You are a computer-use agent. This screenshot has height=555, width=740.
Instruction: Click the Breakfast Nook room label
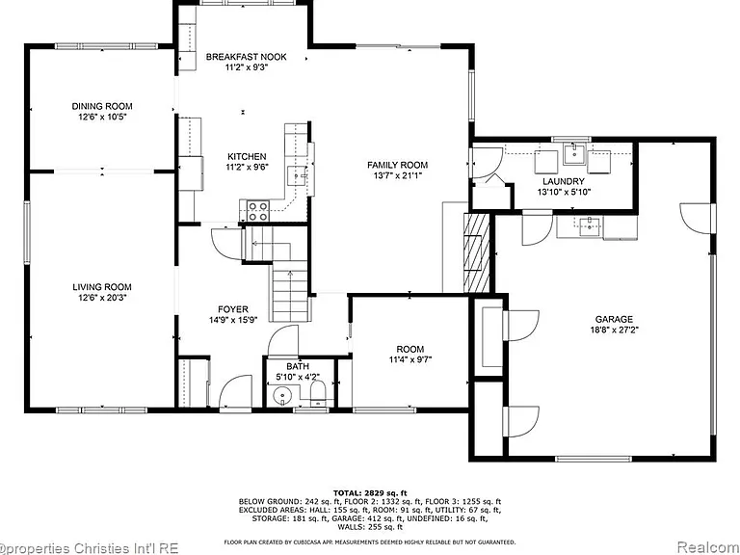tap(246, 57)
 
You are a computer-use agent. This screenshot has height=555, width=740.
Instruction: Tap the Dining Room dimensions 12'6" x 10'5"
tap(102, 117)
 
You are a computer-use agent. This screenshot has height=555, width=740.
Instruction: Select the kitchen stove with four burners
tap(258, 211)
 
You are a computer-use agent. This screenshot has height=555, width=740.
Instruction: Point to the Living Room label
tap(102, 287)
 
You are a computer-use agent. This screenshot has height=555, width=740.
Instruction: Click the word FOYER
tap(232, 309)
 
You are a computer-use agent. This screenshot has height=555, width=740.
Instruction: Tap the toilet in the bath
tap(318, 393)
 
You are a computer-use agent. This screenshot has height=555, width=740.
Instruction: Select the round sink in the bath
tap(282, 393)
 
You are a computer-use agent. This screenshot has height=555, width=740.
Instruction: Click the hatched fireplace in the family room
tap(477, 253)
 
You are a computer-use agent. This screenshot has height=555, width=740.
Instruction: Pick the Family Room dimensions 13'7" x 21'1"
tap(397, 175)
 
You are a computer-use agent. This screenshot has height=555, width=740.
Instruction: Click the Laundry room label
tap(564, 181)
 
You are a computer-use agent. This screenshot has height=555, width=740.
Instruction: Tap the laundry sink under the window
tap(574, 154)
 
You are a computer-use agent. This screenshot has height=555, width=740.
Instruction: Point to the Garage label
tap(614, 319)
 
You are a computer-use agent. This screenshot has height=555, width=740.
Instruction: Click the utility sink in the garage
tap(590, 226)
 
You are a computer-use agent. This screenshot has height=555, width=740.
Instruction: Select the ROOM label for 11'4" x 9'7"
tap(410, 349)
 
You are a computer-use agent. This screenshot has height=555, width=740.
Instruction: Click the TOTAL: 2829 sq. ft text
tap(370, 492)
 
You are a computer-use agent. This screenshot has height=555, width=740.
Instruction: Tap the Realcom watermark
tap(708, 547)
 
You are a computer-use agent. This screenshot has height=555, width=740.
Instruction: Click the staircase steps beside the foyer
tap(289, 294)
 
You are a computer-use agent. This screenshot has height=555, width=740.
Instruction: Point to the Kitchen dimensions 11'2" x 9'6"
tap(247, 167)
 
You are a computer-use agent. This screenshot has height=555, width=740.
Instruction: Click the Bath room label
tap(298, 366)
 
